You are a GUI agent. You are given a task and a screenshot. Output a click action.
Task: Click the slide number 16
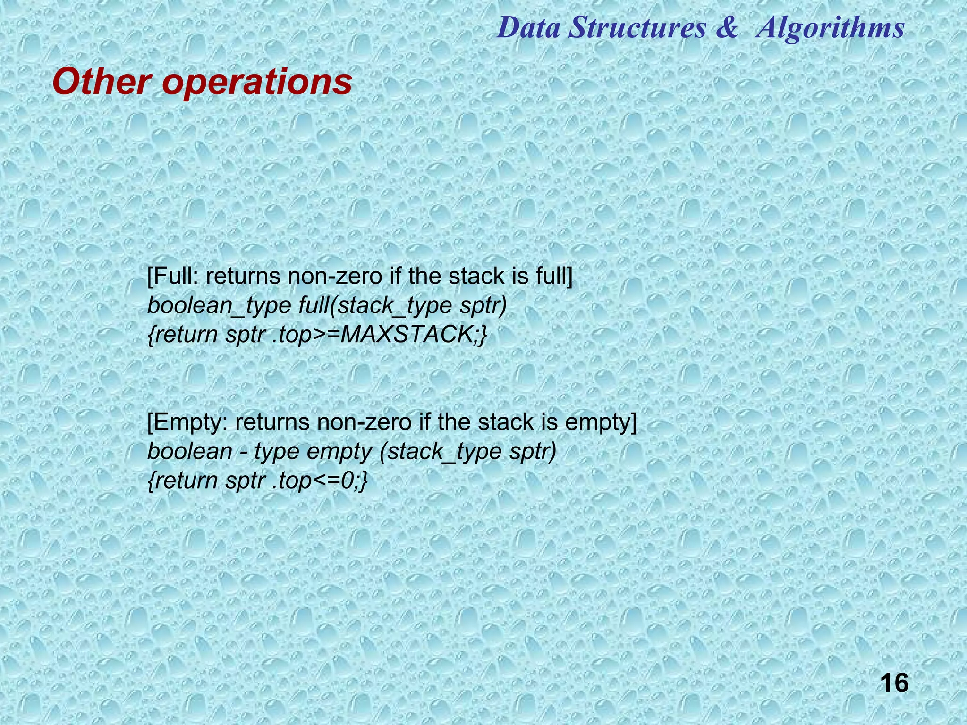pos(894,683)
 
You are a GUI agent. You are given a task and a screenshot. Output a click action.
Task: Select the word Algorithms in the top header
pos(830,27)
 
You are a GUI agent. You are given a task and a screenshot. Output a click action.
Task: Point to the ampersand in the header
pos(726,27)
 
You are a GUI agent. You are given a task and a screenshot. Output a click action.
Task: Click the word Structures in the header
pos(637,27)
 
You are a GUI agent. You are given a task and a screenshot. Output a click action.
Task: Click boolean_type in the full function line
pos(219,306)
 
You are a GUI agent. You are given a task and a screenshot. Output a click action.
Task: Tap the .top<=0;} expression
pos(320,481)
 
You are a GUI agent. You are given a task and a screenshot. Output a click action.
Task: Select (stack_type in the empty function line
pos(441,452)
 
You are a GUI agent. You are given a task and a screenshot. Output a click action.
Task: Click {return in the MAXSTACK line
pos(182,335)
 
